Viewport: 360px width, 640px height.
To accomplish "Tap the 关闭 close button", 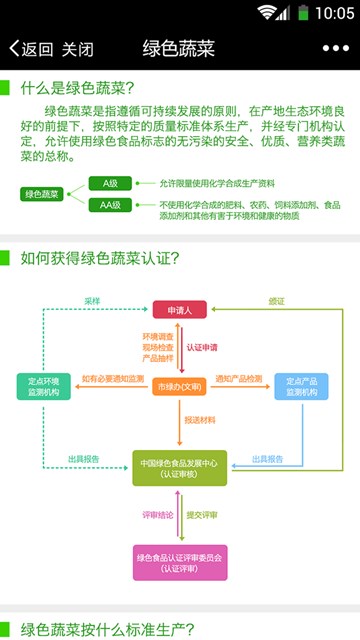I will [x=77, y=49].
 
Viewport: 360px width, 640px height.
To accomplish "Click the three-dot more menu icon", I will [x=336, y=49].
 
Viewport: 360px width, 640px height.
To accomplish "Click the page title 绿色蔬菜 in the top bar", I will [x=179, y=49].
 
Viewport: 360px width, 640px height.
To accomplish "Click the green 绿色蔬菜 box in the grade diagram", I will [x=41, y=194].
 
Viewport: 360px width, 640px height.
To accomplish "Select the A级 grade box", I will [x=109, y=183].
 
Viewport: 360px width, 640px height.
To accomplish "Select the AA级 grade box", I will [x=109, y=205].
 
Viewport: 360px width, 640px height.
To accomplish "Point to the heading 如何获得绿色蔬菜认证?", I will [x=99, y=258].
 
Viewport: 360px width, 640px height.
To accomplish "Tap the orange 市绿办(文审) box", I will [x=180, y=385].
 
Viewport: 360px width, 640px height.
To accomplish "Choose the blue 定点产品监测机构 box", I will [x=301, y=387].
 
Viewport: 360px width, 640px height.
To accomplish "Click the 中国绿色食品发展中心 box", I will [x=180, y=468].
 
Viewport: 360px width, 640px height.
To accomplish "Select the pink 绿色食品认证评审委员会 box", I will [x=180, y=562].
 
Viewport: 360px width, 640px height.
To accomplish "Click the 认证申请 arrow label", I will [x=202, y=347].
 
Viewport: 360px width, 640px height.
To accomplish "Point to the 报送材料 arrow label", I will [x=200, y=421].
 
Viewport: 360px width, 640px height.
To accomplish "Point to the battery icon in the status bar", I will [x=302, y=13].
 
